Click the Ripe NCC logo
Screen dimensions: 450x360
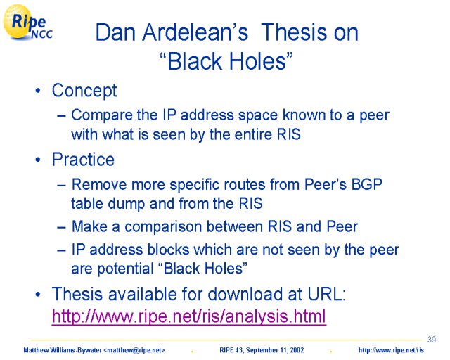pos(27,22)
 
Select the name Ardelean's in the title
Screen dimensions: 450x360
pos(195,32)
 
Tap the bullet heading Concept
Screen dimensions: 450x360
pos(84,91)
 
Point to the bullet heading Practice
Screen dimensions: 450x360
pos(83,160)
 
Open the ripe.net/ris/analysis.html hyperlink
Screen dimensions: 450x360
pos(189,316)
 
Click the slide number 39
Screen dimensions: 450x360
pos(431,340)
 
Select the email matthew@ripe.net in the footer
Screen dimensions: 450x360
pos(134,350)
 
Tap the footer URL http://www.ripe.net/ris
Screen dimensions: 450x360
pos(391,350)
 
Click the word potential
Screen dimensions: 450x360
pos(125,269)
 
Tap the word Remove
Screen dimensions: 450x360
pos(99,184)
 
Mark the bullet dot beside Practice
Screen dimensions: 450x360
pos(38,160)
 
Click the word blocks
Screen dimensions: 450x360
pos(168,250)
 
